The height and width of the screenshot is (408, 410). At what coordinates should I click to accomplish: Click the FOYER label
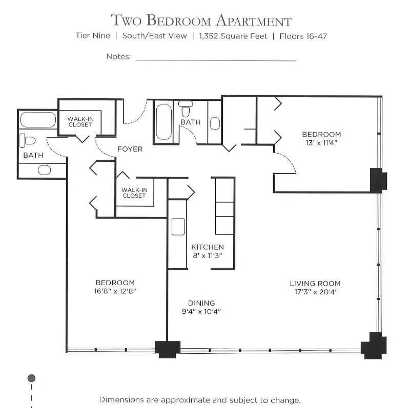coord(130,149)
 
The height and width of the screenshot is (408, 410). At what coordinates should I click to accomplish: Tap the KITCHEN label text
coord(208,247)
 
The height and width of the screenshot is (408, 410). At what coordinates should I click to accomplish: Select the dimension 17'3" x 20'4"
coord(316,292)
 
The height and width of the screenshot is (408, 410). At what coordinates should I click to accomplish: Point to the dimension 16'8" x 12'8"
coord(115,291)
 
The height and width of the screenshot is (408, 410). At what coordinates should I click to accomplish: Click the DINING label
coord(201,303)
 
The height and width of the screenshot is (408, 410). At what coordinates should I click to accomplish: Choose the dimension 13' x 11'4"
coord(321,143)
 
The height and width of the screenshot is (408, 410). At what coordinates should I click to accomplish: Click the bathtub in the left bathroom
coord(38,120)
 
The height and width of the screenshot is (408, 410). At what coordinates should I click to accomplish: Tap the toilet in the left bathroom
coord(28,141)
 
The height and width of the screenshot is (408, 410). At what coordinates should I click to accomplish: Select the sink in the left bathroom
coord(45,170)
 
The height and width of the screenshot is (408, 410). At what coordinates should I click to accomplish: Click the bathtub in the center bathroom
coord(163,122)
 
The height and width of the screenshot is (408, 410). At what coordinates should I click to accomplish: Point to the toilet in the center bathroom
coord(186,109)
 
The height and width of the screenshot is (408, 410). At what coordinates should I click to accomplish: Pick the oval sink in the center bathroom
coord(215,123)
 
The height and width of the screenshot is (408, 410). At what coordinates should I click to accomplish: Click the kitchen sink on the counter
coord(178,226)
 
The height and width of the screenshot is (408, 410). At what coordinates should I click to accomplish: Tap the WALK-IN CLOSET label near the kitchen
coord(134,193)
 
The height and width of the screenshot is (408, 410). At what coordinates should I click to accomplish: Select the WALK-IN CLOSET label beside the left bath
coord(80,122)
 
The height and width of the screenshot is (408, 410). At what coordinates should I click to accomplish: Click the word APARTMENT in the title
coord(254,20)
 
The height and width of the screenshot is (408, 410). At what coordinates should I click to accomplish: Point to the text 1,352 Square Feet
coord(233,36)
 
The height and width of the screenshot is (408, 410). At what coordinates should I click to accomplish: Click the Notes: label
coord(118,56)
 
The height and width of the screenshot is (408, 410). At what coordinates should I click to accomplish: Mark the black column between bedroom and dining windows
coord(168,349)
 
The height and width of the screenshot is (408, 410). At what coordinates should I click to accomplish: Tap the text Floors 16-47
coord(303,36)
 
